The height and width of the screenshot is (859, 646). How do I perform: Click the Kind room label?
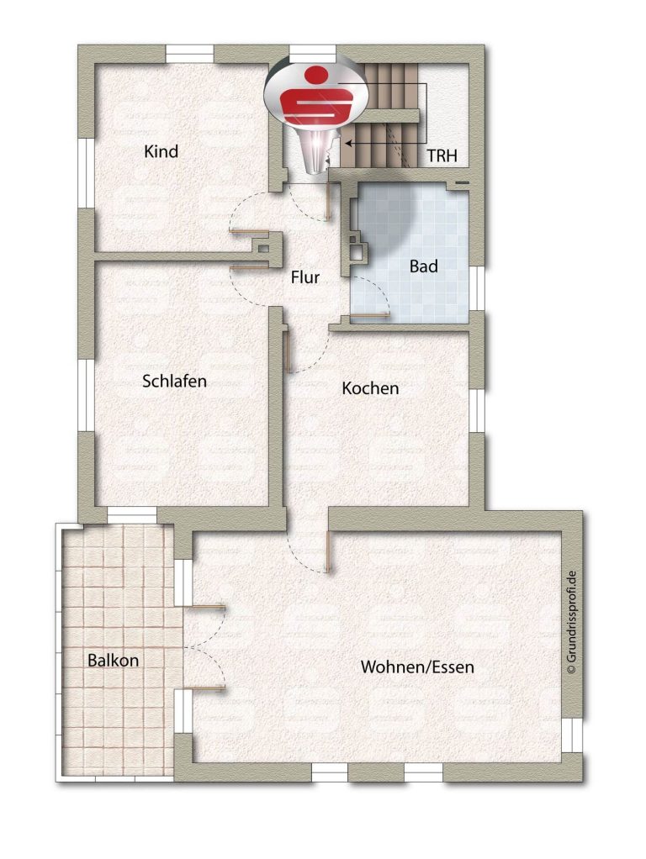point(161,151)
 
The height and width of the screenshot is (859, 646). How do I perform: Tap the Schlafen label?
point(174,381)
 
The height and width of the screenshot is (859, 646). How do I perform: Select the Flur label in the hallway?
point(304,277)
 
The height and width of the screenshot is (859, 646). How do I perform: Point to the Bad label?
point(423,266)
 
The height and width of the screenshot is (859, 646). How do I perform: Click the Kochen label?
point(370,388)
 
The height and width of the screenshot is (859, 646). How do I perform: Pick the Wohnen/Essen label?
point(417,667)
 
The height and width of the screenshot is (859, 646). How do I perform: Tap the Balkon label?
point(113,660)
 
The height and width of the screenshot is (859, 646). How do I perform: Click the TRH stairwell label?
point(442,156)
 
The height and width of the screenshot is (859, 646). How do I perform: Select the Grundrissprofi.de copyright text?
point(572,622)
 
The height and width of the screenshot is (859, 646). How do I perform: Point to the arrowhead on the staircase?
point(349,144)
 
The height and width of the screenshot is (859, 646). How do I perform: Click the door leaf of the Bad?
point(369,315)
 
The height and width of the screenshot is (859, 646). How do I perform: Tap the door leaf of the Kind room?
point(249,233)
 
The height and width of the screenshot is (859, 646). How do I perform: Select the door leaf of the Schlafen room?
point(249,267)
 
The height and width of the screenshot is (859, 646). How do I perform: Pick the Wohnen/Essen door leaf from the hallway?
point(327,552)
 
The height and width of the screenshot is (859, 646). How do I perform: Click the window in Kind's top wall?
point(189,55)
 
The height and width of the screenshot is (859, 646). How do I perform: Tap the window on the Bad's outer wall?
point(477,288)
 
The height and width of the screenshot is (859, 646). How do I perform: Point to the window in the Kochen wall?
point(477,411)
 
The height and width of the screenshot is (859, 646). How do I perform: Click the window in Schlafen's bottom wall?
point(131,515)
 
